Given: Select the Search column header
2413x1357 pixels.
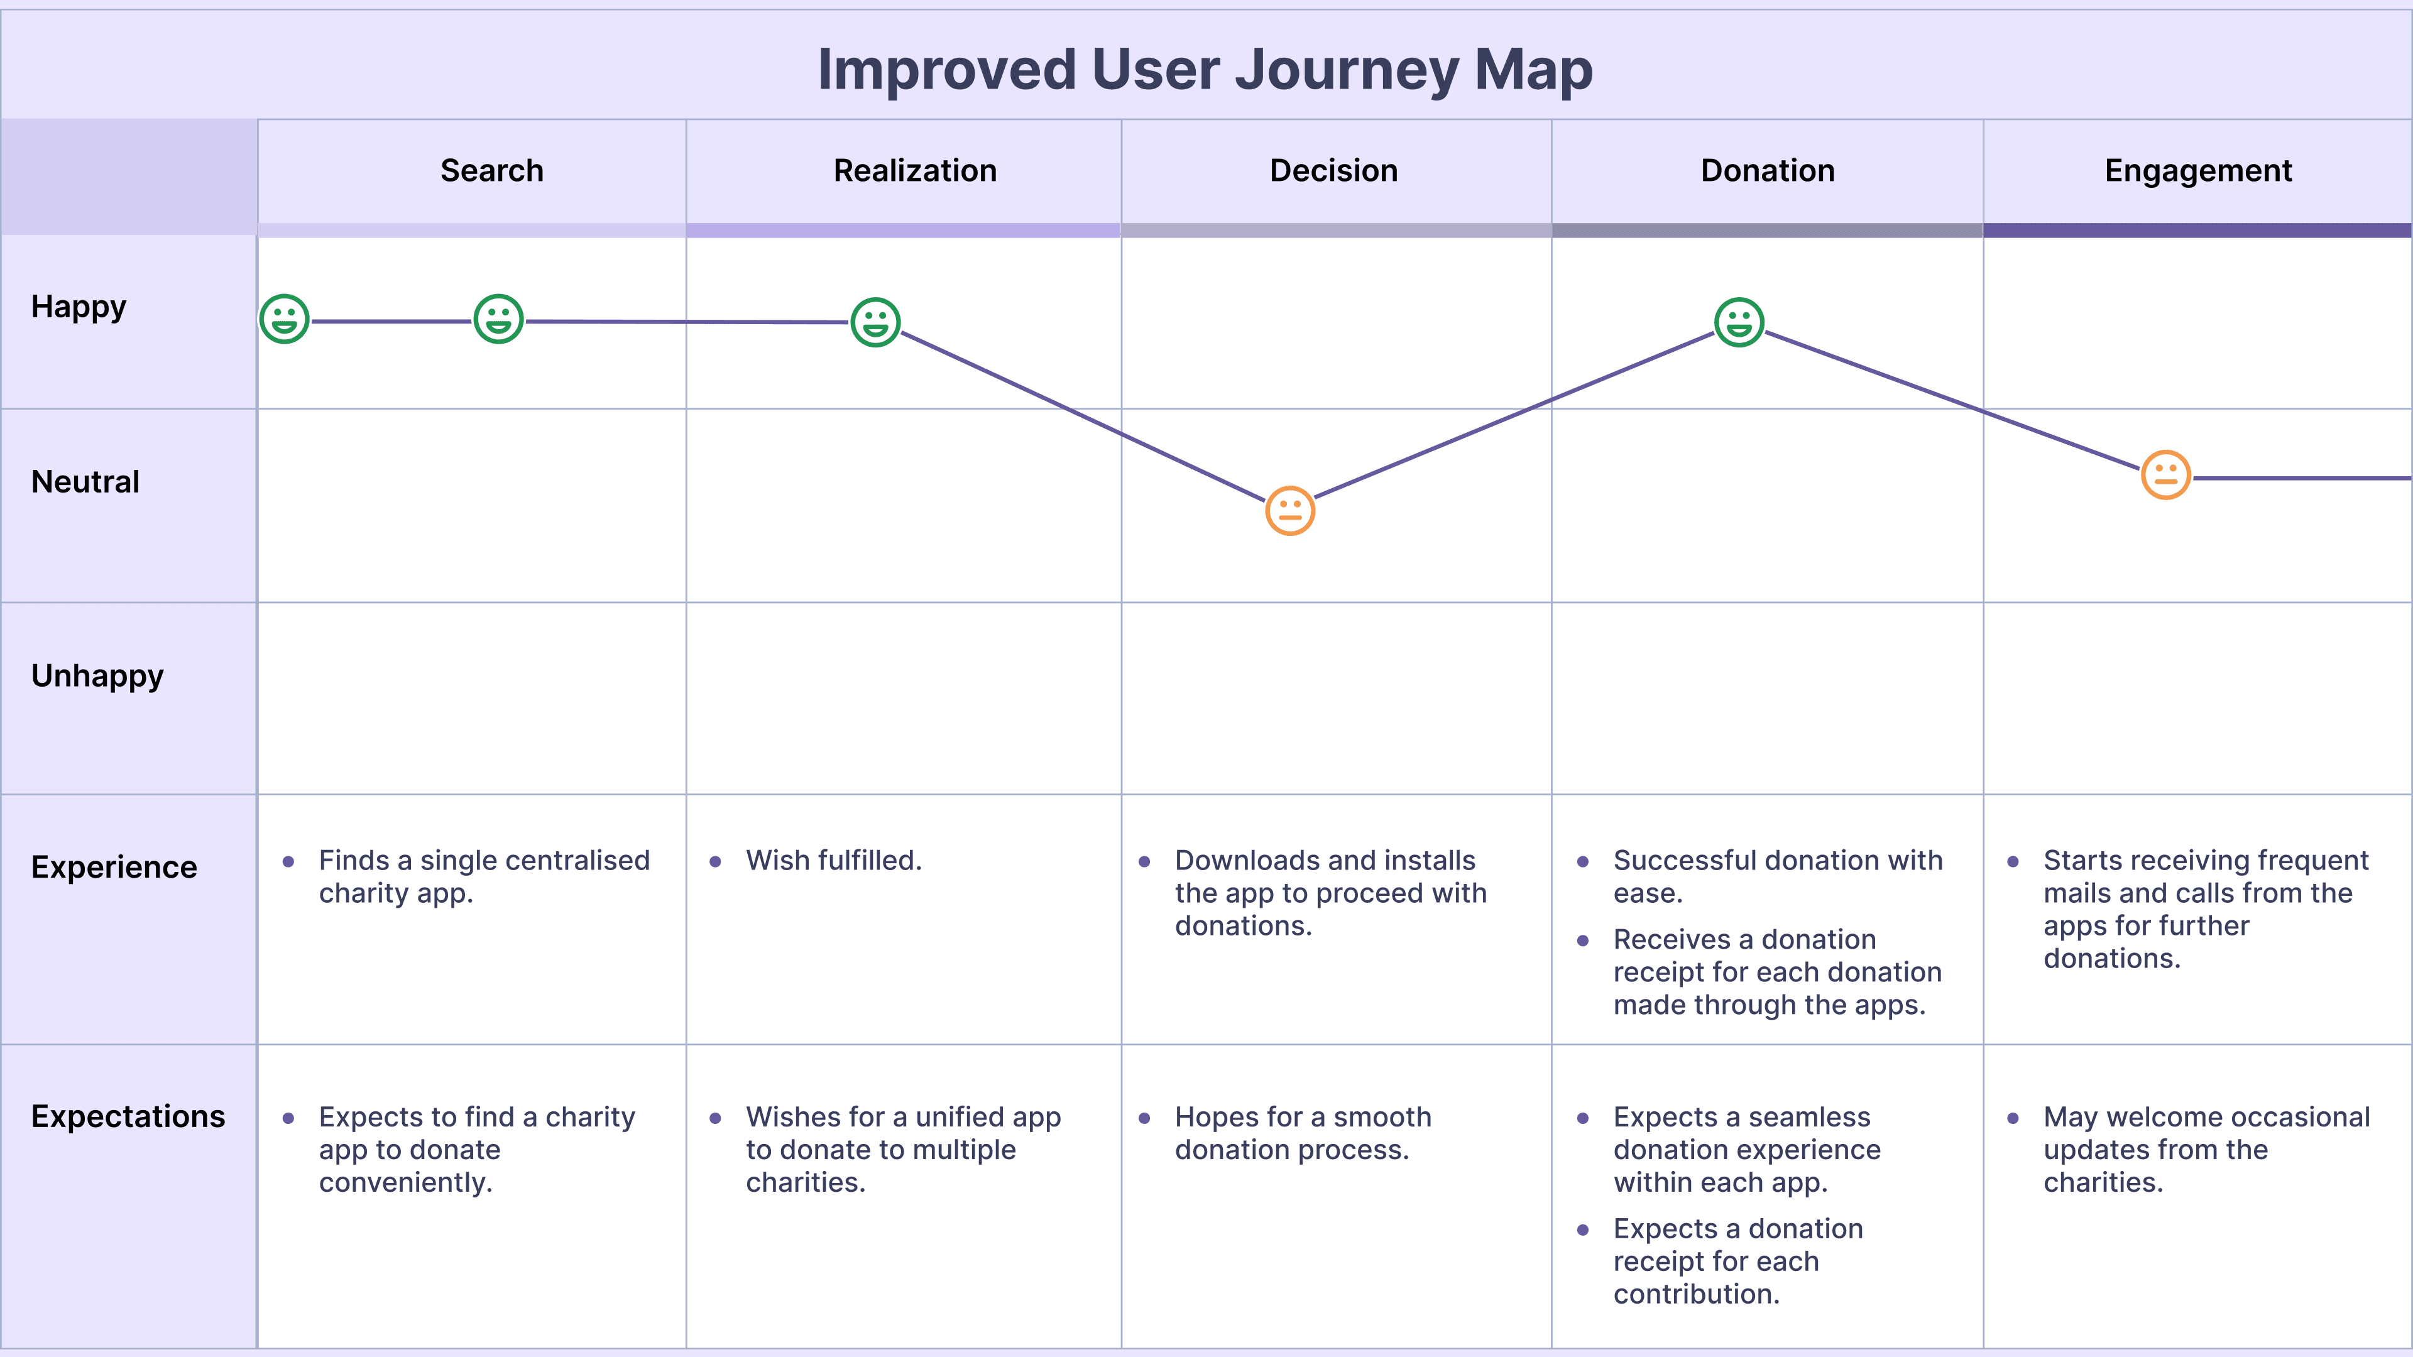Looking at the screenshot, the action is coord(492,170).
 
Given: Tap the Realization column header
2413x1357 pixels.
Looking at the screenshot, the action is coord(915,170).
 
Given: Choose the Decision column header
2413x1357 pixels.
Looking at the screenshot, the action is coord(1334,170).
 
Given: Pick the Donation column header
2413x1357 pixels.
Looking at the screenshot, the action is coord(1768,170).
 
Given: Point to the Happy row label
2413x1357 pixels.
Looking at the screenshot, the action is coord(79,307).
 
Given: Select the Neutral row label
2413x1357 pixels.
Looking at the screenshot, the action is coord(85,481).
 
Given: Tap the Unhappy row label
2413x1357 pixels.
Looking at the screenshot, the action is coord(97,676).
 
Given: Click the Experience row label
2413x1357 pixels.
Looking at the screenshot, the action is coord(114,867).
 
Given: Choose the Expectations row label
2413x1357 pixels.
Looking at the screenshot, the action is coord(128,1116).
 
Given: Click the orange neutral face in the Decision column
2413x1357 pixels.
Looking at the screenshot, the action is coord(1290,510).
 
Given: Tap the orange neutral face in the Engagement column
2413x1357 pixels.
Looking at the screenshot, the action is coord(2165,475).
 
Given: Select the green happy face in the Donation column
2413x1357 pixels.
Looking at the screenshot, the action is coord(1739,322).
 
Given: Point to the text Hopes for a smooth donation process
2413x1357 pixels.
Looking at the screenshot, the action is coord(1303,1133).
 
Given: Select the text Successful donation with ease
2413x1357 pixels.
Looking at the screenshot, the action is coord(1778,876).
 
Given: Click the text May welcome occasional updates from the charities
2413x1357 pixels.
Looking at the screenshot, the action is coord(2207,1150).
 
